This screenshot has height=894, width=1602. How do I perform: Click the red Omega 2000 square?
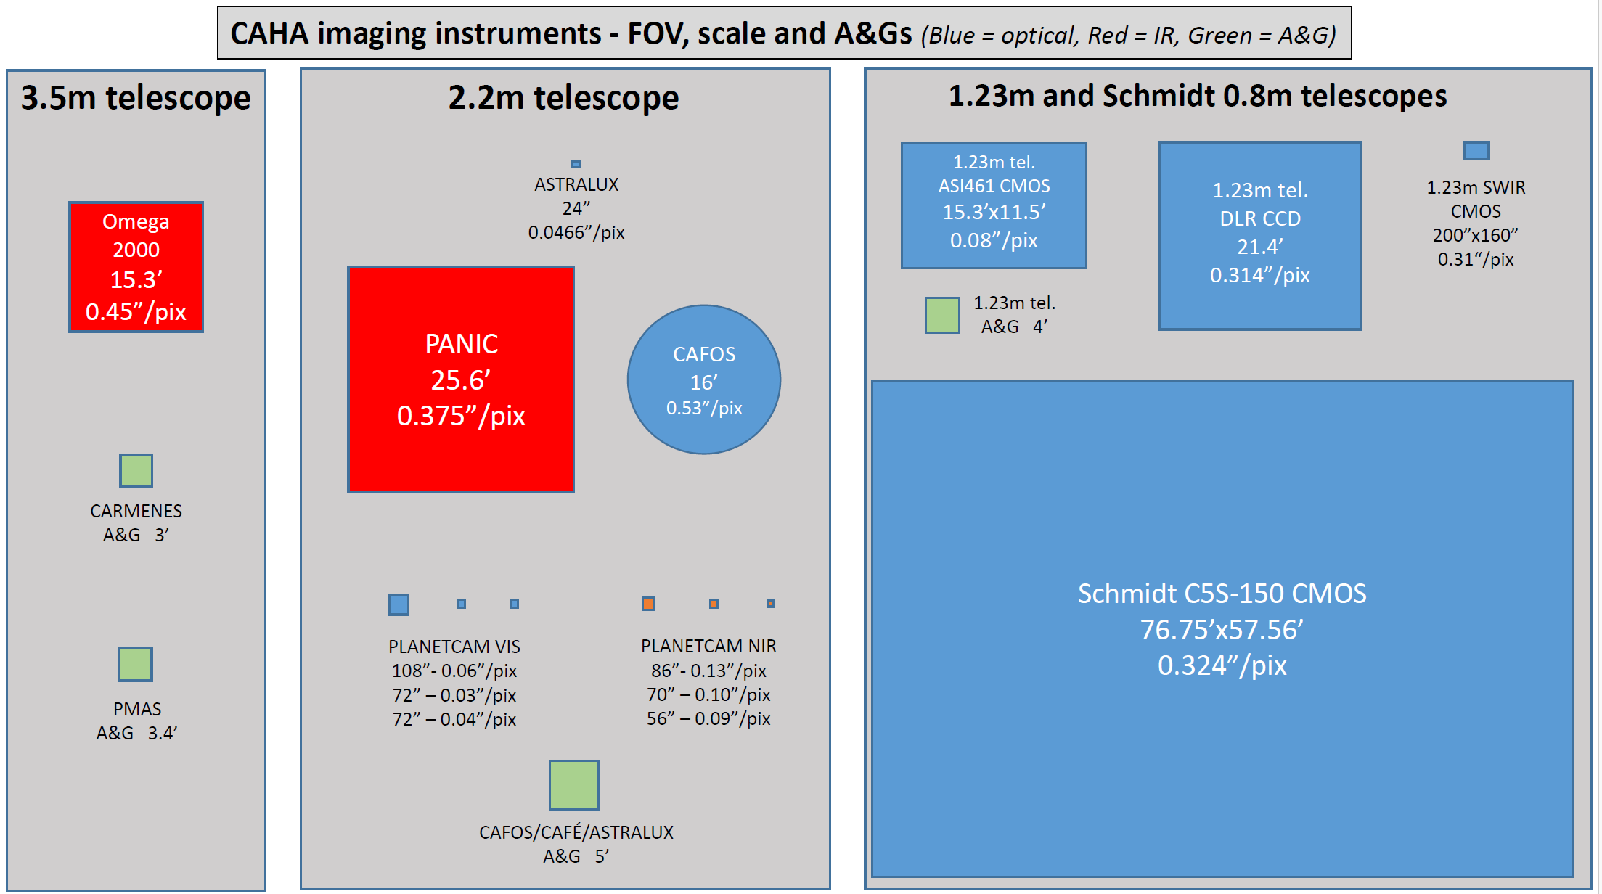pos(136,267)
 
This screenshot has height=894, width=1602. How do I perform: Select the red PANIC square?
pos(461,379)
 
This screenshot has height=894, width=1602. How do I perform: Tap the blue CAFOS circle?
pos(703,380)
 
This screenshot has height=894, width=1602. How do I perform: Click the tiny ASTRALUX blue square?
pos(576,164)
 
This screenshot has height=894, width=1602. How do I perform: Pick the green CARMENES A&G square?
pos(136,472)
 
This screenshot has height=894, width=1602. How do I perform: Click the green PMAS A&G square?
pos(135,664)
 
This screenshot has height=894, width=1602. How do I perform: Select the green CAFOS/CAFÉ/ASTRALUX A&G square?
pos(573,784)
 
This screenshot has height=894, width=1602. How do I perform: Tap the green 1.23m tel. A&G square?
pos(942,315)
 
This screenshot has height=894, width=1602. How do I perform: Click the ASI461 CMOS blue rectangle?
pos(993,205)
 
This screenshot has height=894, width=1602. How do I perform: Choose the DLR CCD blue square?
pos(1259,236)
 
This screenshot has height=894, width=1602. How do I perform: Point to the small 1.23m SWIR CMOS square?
pos(1476,151)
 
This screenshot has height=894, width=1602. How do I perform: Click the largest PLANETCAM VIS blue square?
pos(399,604)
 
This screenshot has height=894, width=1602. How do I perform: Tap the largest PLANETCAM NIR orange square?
pos(648,604)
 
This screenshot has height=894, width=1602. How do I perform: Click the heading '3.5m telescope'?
pos(136,98)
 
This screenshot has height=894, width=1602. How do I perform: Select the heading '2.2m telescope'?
pos(563,98)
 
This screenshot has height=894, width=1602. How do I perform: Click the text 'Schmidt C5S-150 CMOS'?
pos(1222,594)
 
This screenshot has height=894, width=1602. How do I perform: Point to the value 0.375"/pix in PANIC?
pos(461,416)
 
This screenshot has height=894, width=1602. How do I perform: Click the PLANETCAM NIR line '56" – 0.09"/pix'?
pos(708,718)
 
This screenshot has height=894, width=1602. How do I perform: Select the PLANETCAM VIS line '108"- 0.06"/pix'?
pos(454,670)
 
